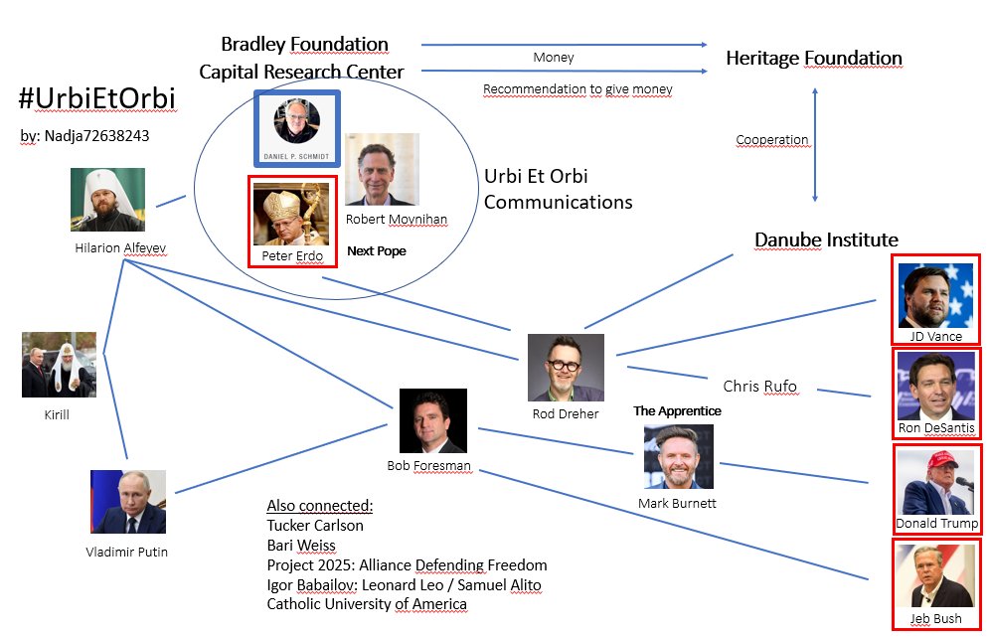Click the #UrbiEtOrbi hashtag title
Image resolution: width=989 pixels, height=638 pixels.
[x=97, y=98]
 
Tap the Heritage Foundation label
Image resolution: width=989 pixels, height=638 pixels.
[x=814, y=58]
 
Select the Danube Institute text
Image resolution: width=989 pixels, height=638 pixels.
[x=826, y=239]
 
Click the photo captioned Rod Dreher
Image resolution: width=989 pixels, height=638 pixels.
[x=566, y=368]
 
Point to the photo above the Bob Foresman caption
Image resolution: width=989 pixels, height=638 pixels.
[x=433, y=420]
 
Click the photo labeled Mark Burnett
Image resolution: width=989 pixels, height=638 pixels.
[x=679, y=456]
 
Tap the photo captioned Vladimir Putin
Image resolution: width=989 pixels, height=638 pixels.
[x=128, y=502]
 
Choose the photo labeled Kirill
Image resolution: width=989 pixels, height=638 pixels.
[x=60, y=365]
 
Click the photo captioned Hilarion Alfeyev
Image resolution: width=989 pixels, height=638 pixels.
[x=108, y=199]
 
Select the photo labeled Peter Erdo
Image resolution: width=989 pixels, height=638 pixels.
[x=291, y=214]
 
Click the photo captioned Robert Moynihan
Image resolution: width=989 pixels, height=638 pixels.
[x=383, y=169]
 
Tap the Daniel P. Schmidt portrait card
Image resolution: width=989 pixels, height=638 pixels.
[x=297, y=128]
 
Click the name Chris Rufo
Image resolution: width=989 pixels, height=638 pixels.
[x=759, y=386]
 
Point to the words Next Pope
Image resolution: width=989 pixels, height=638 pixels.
[x=377, y=250]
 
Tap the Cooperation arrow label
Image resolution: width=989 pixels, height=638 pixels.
[x=772, y=139]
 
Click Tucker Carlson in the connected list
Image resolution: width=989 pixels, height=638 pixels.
[x=315, y=525]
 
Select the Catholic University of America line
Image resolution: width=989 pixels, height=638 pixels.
[x=367, y=604]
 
